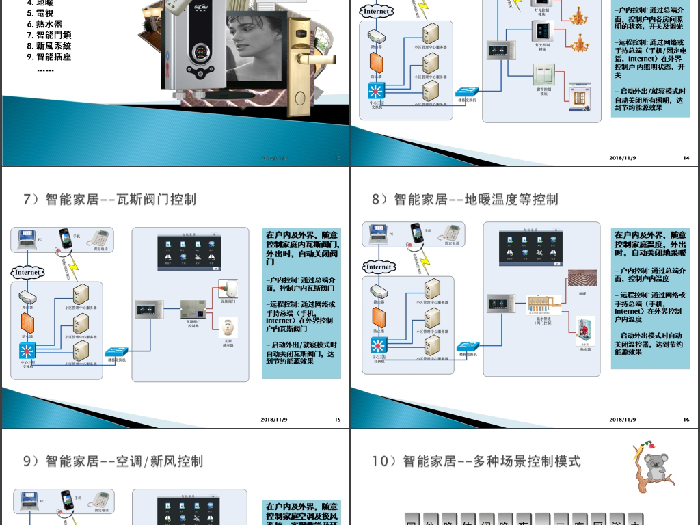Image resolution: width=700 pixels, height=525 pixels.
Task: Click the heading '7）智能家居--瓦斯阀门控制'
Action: (x=110, y=199)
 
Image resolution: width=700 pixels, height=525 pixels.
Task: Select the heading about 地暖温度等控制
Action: (x=465, y=199)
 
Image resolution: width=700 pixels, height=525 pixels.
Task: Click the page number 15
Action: (x=337, y=420)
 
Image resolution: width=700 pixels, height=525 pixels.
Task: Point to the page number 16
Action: (x=686, y=420)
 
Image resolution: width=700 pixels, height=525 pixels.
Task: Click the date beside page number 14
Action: (x=622, y=158)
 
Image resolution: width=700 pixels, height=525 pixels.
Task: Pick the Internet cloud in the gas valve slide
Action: (x=28, y=272)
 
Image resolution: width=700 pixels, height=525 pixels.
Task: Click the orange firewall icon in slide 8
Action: (x=378, y=318)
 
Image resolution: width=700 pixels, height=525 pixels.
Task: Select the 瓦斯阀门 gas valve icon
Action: (x=227, y=287)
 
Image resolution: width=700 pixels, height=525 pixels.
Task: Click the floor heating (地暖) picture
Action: (x=582, y=278)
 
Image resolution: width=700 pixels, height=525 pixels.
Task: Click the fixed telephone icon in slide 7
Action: (x=101, y=237)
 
